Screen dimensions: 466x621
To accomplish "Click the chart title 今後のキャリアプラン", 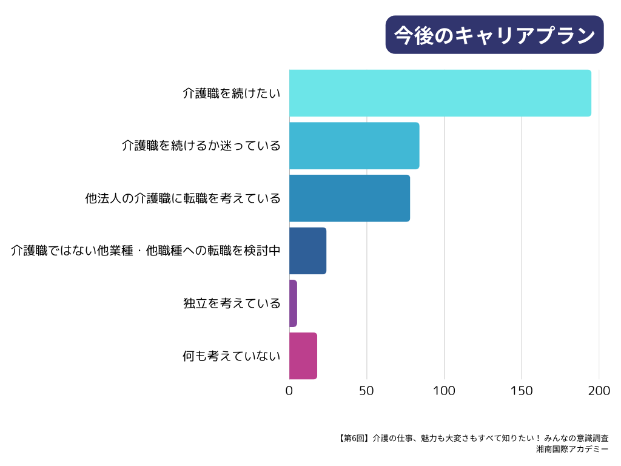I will point(494,35).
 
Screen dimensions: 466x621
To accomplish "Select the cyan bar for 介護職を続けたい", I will point(440,93).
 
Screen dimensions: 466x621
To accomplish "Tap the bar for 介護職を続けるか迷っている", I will point(354,146).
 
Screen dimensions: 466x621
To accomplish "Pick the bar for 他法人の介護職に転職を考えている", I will point(349,198).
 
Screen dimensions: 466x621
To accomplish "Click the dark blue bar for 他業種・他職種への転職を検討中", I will point(307,251).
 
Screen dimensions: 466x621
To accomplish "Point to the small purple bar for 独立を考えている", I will point(293,303).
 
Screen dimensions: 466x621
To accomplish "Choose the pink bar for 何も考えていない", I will point(303,356).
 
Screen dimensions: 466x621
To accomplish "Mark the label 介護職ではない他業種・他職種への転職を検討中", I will point(146,251).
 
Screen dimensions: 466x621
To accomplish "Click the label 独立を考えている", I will point(232,303).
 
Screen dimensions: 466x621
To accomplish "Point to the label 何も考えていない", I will point(232,356).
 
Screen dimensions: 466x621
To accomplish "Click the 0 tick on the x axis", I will point(289,391).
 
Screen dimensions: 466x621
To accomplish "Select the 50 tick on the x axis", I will point(366,391).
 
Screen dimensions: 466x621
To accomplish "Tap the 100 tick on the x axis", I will point(444,391).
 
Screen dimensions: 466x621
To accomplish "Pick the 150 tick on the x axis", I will point(522,391).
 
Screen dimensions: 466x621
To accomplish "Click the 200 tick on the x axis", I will point(599,391).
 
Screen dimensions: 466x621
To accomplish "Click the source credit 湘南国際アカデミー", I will point(572,450).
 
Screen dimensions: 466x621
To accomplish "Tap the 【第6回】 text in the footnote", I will point(352,437).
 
